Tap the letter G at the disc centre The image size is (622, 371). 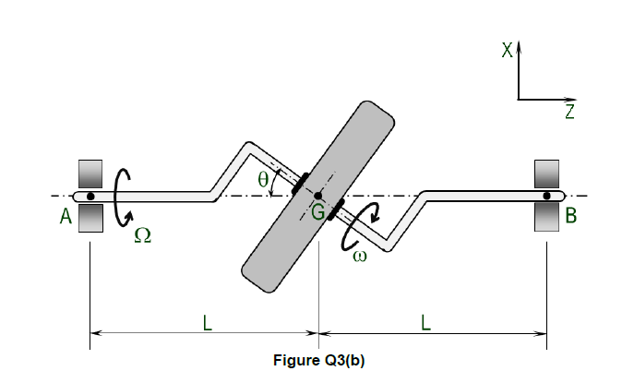317,213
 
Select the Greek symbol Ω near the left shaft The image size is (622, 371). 142,236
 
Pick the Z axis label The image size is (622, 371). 569,113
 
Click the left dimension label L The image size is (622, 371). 208,322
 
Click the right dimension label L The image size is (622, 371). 425,322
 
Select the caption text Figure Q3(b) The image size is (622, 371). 319,360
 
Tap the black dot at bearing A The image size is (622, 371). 90,196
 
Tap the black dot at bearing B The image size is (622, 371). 547,196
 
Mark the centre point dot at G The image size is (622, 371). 317,196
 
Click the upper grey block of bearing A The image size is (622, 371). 90,174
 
